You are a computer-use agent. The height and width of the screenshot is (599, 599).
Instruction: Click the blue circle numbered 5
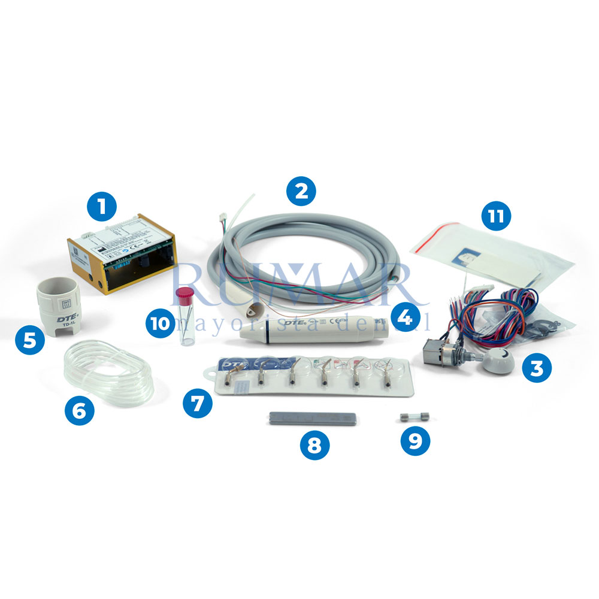[30, 341]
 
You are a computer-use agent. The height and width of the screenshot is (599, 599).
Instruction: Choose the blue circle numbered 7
[198, 402]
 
